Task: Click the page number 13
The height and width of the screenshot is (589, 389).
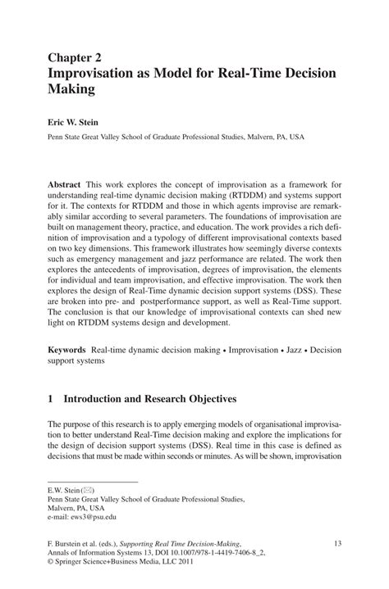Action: (x=336, y=542)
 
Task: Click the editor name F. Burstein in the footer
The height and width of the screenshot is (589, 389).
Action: (x=68, y=542)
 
